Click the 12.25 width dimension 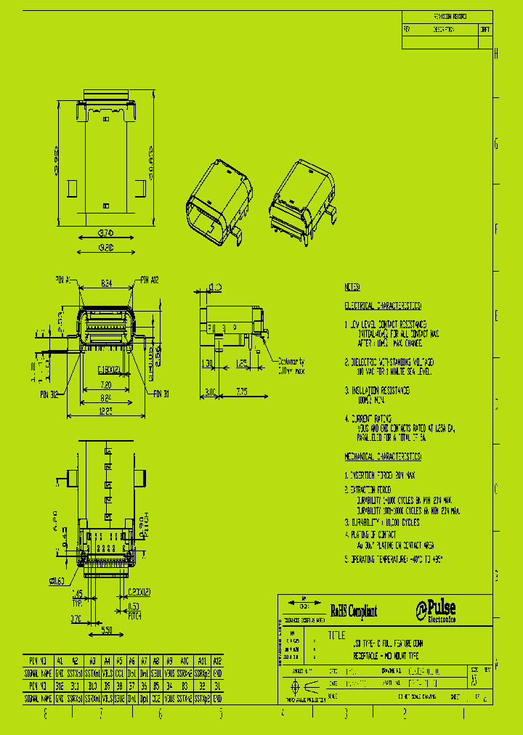pos(106,412)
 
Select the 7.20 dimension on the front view pos(106,384)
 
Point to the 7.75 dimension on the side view pos(241,391)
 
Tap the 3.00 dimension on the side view pos(209,391)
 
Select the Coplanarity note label pos(290,365)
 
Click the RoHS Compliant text pos(354,612)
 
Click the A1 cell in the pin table pos(60,661)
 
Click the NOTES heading pos(352,287)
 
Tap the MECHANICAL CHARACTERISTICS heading pos(383,455)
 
